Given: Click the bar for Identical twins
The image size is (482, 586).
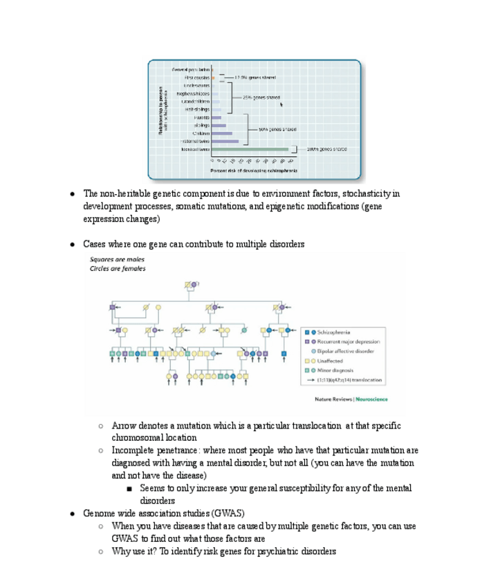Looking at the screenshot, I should [250, 149].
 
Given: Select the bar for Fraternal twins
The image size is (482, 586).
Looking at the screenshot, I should [225, 141].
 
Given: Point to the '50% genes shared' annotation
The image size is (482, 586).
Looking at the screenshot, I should [278, 129].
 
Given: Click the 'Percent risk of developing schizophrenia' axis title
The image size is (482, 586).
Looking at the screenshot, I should [254, 170].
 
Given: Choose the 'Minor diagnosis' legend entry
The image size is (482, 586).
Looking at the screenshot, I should [335, 370].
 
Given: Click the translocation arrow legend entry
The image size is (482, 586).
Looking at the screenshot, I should [350, 380].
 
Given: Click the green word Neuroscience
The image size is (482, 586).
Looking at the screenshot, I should [372, 399].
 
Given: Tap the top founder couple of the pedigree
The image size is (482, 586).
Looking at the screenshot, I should [191, 284].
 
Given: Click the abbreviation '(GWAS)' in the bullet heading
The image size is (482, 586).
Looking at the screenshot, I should [228, 513].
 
